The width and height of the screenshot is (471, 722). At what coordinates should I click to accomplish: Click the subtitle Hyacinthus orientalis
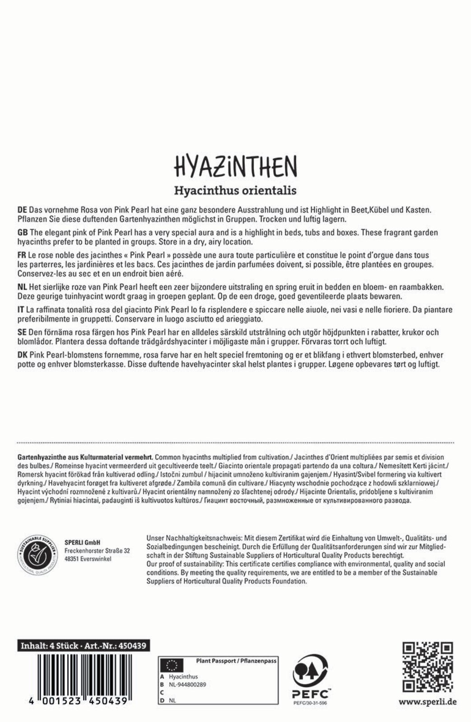click(x=235, y=190)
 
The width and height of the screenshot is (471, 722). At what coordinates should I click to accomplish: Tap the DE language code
click(x=22, y=210)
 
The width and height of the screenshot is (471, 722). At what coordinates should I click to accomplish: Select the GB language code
click(x=22, y=233)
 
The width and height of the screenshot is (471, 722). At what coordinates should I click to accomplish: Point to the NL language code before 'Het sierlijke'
click(x=22, y=287)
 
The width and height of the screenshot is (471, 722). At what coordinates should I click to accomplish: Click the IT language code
click(x=21, y=310)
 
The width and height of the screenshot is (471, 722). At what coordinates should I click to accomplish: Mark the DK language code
click(x=22, y=356)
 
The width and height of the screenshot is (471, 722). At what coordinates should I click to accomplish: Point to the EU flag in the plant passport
click(x=172, y=665)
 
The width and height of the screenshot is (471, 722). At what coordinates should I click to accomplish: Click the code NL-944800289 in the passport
click(x=187, y=685)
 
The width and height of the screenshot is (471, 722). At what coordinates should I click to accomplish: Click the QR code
click(x=427, y=667)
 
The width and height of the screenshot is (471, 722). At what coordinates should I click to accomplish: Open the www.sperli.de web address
click(x=427, y=702)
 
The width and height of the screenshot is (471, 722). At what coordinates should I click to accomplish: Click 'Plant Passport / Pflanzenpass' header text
click(x=236, y=661)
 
